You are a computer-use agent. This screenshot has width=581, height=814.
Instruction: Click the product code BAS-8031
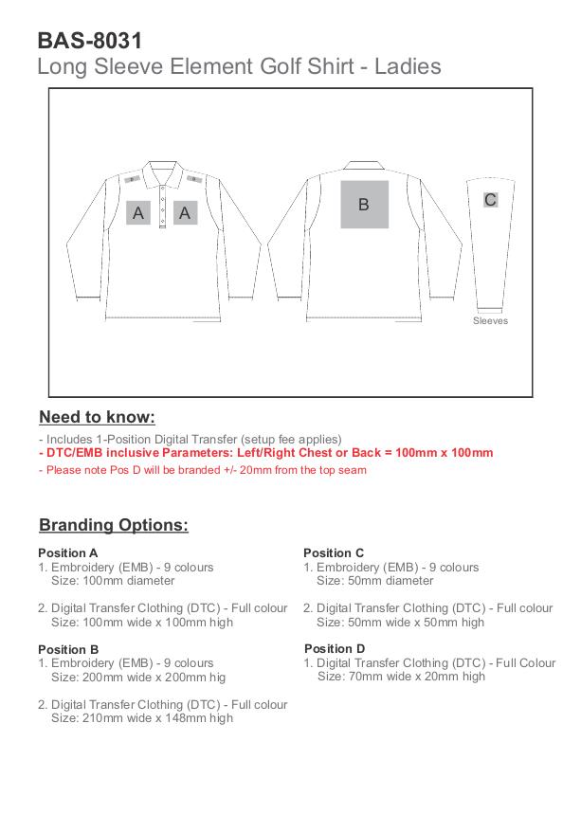tap(90, 41)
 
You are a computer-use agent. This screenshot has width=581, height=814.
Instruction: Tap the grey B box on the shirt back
tap(364, 204)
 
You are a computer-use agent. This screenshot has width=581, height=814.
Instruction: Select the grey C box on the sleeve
tap(490, 200)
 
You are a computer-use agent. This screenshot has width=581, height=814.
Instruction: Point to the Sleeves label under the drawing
tap(490, 321)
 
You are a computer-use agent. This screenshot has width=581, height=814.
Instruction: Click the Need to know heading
tap(97, 418)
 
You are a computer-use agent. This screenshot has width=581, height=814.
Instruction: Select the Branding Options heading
tap(114, 525)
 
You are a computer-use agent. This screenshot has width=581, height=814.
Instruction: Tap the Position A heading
tap(68, 552)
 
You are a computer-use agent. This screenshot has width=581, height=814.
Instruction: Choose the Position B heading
tap(68, 649)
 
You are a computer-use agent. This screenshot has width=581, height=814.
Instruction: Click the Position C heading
tap(334, 552)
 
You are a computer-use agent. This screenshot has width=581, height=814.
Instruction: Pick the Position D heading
tap(335, 649)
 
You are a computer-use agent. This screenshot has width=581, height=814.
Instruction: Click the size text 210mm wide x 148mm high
tap(142, 718)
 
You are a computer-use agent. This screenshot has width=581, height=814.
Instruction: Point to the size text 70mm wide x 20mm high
tap(401, 677)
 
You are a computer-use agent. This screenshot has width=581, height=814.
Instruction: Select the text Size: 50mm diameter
tap(374, 581)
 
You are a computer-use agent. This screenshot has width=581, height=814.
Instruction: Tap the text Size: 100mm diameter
tap(113, 581)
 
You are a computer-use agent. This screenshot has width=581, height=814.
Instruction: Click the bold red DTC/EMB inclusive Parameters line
tap(266, 453)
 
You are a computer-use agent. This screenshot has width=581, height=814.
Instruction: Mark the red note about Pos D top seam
tap(203, 470)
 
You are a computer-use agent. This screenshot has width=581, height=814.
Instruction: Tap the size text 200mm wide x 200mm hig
tap(138, 678)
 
